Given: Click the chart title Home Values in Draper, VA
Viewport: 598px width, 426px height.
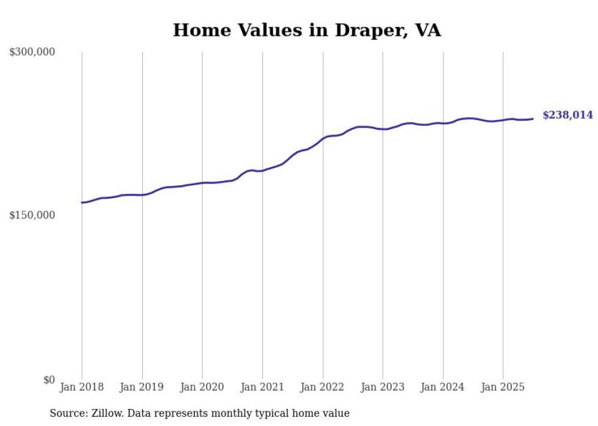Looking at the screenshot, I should (306, 30).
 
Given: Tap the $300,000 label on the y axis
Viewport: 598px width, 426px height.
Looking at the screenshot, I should (32, 52).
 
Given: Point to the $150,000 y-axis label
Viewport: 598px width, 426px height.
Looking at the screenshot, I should (32, 215).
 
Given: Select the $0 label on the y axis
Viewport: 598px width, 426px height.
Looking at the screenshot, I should (49, 380).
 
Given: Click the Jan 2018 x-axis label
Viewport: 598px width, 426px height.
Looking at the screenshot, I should (82, 387).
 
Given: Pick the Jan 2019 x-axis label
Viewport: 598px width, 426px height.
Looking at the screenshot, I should (142, 387).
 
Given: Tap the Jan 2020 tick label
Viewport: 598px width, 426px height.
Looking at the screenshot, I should (202, 387).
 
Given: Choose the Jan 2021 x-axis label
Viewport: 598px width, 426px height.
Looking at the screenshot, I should (262, 387).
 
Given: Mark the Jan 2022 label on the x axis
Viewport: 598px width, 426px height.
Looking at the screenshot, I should (323, 387).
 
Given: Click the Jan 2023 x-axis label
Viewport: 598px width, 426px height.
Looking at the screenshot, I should (383, 387).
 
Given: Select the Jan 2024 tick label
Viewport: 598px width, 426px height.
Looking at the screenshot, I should (443, 387).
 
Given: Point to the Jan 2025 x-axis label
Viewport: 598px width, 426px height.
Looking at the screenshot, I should (503, 387).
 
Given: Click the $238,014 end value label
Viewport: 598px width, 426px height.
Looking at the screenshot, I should (567, 115).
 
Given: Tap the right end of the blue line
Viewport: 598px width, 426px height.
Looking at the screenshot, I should (533, 119).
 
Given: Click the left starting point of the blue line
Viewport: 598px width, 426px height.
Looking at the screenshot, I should (82, 202).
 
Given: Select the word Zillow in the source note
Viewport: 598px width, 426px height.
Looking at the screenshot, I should (106, 413).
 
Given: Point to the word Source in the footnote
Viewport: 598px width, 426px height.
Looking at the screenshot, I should (67, 413).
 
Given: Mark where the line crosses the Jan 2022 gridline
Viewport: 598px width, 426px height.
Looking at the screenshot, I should (323, 138).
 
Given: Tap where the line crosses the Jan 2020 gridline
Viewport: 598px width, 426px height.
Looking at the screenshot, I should (202, 183).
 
